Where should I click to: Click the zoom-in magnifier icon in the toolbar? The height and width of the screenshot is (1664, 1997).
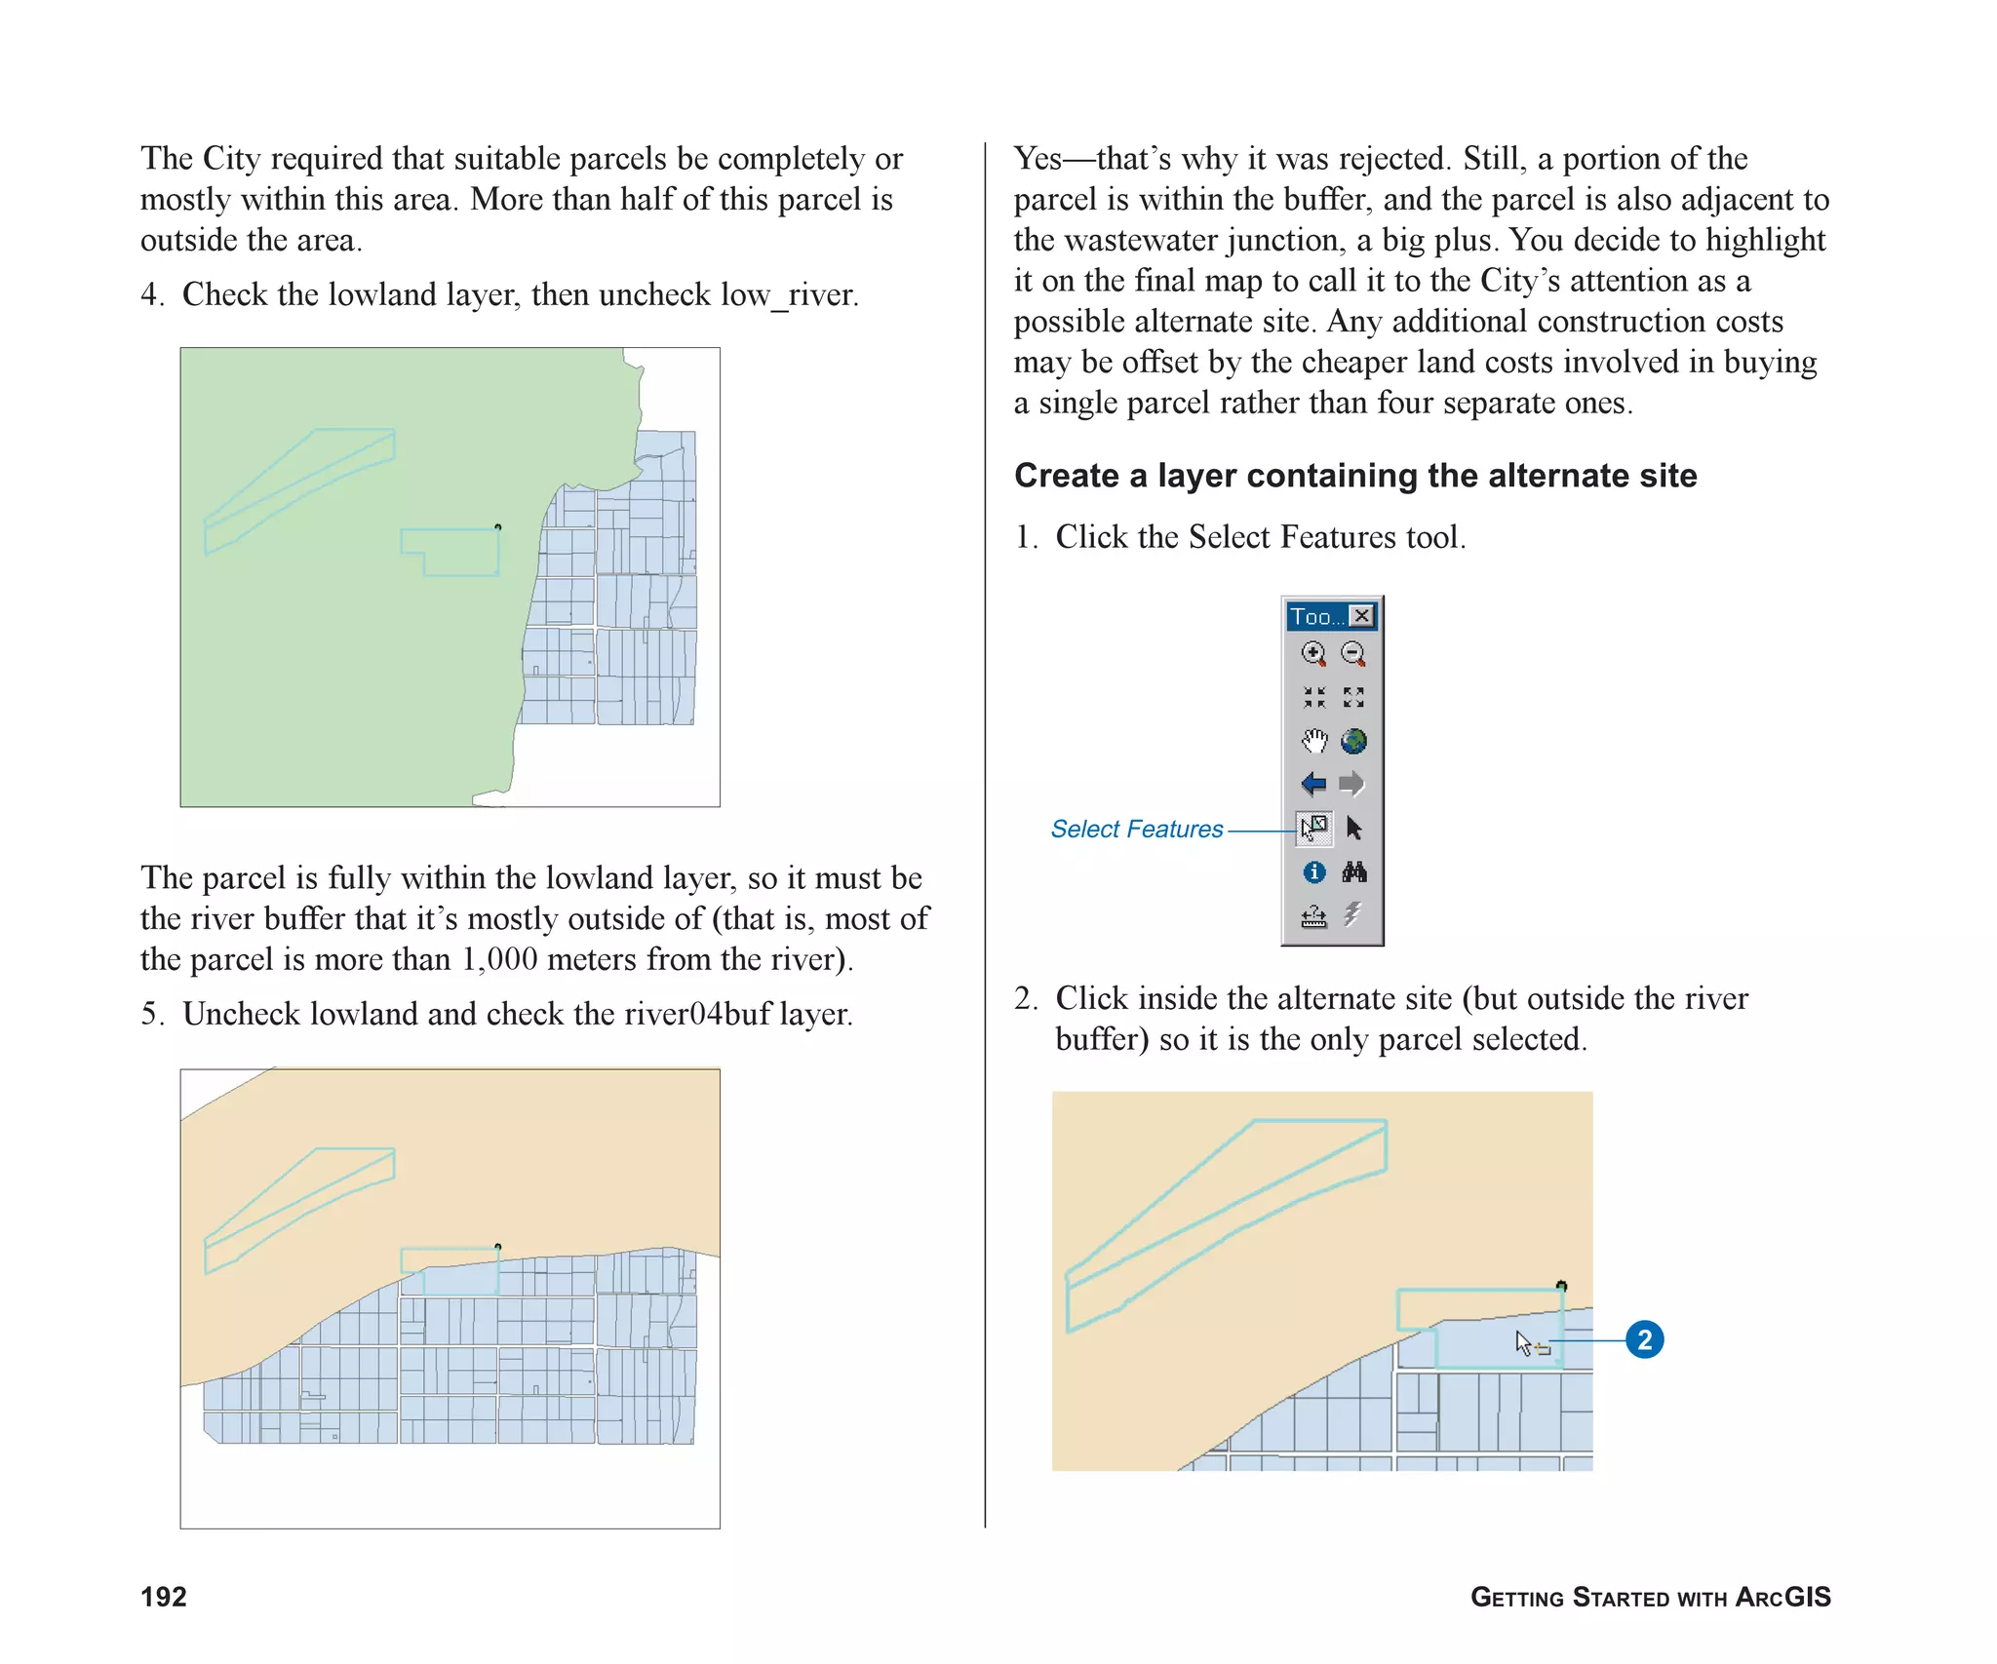point(1313,653)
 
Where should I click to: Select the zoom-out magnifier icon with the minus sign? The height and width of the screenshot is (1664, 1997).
point(1352,653)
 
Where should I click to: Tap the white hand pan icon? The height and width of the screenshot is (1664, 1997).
point(1313,741)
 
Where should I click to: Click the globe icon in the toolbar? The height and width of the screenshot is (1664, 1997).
point(1353,741)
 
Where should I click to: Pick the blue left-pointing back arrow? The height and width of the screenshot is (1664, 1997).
point(1313,784)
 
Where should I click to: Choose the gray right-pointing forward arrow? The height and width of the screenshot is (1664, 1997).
point(1352,784)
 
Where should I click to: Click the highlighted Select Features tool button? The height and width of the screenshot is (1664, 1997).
point(1313,829)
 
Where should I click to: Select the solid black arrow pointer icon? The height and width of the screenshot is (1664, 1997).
point(1353,829)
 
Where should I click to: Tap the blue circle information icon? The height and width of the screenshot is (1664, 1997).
point(1313,872)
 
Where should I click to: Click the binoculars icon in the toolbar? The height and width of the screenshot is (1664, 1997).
point(1353,871)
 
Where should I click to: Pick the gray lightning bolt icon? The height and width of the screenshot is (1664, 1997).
point(1352,914)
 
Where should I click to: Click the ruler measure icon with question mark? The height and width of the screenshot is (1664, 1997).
point(1313,916)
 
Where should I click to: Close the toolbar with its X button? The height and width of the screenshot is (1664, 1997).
point(1362,616)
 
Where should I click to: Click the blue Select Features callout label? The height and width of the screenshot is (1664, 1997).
point(1136,830)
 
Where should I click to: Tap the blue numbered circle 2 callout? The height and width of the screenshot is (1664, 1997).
point(1644,1340)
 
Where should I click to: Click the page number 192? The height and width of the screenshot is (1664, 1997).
point(164,1597)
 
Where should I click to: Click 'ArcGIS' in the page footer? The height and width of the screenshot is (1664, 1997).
point(1783,1597)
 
